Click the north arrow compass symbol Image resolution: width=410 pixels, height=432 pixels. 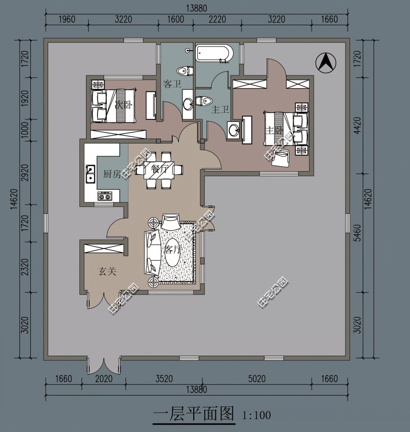325,64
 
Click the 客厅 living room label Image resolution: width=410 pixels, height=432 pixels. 173,250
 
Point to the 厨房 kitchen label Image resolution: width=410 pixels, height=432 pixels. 112,174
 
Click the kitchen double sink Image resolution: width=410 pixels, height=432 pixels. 90,174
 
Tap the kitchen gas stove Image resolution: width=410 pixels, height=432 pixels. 105,196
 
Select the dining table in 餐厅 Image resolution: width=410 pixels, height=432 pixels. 159,169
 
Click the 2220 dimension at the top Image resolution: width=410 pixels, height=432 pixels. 217,19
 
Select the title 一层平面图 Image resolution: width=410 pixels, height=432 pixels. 194,413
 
